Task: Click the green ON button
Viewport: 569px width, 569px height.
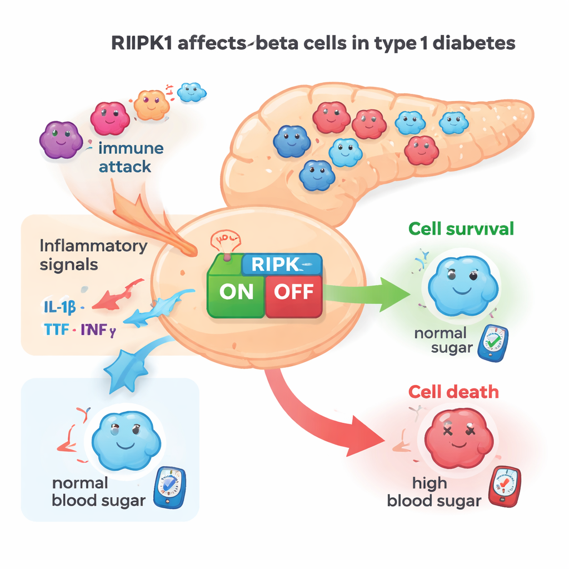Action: pyautogui.click(x=236, y=292)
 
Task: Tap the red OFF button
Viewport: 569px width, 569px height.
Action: pyautogui.click(x=294, y=292)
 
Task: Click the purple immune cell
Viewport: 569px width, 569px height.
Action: pyautogui.click(x=61, y=139)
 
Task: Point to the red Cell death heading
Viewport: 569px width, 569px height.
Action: pyautogui.click(x=453, y=392)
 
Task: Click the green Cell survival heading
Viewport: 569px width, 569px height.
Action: pyautogui.click(x=461, y=228)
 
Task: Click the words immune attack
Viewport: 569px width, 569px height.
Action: pyautogui.click(x=124, y=157)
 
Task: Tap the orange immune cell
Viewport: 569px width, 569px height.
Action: pyautogui.click(x=151, y=104)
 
